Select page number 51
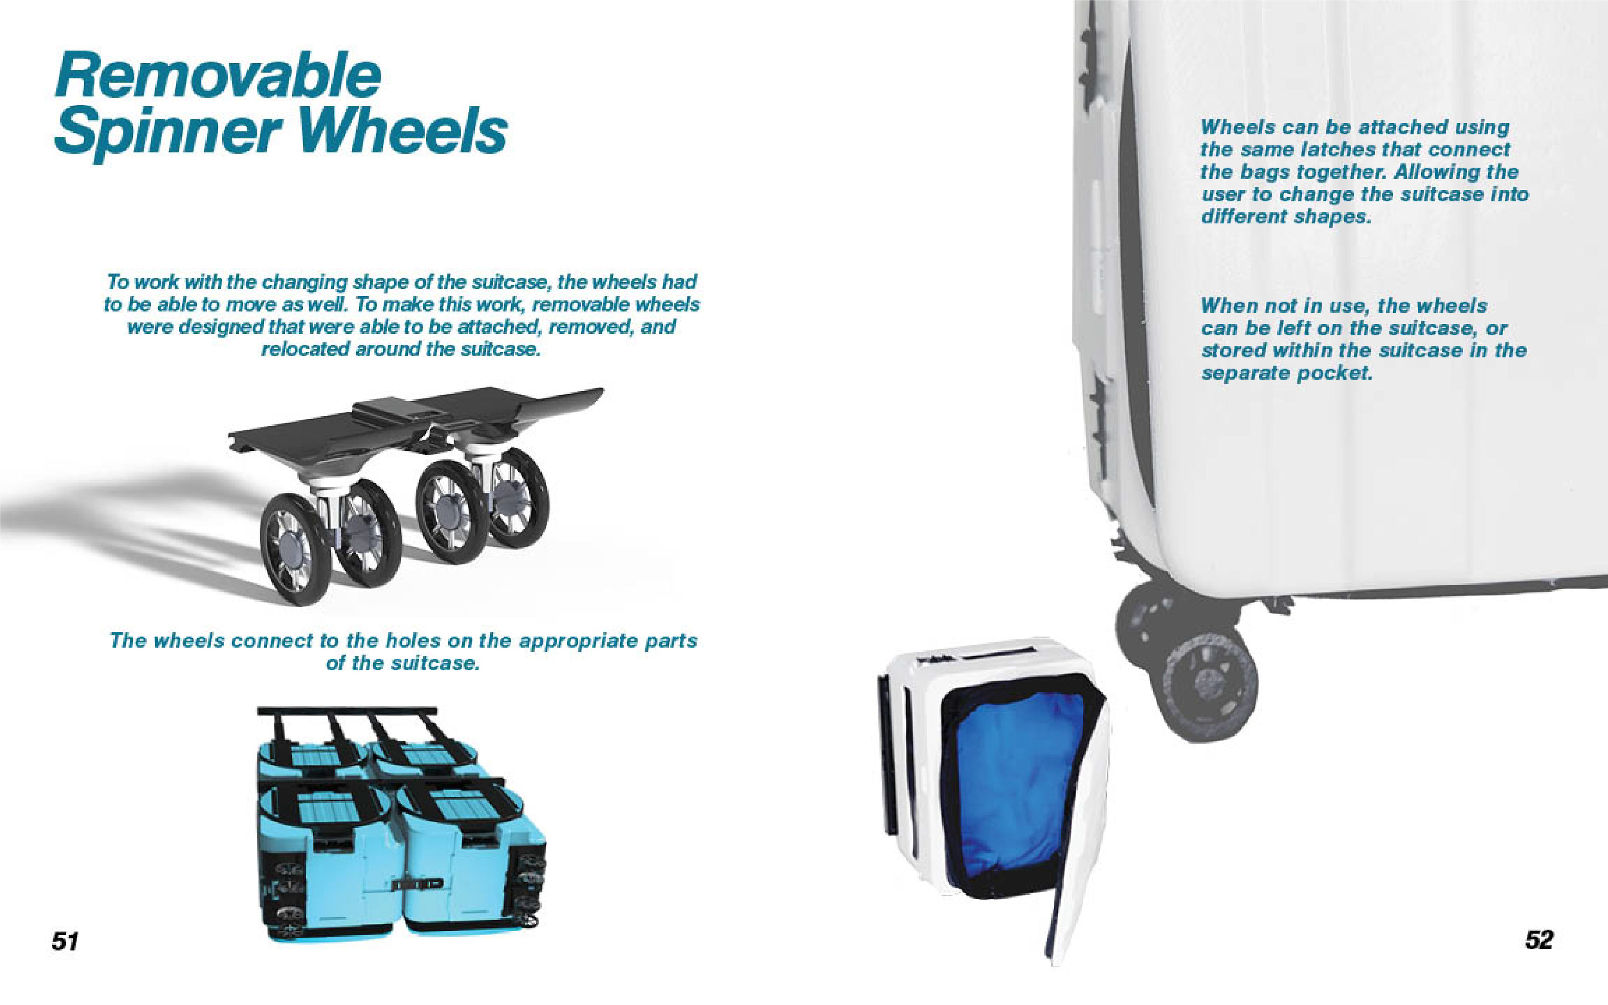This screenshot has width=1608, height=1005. [65, 941]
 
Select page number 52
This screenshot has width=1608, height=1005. [1539, 939]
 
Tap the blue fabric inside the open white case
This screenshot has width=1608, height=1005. [1017, 784]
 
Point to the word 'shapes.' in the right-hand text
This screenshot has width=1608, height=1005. [1338, 216]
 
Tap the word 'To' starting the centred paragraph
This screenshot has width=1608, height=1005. [117, 282]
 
